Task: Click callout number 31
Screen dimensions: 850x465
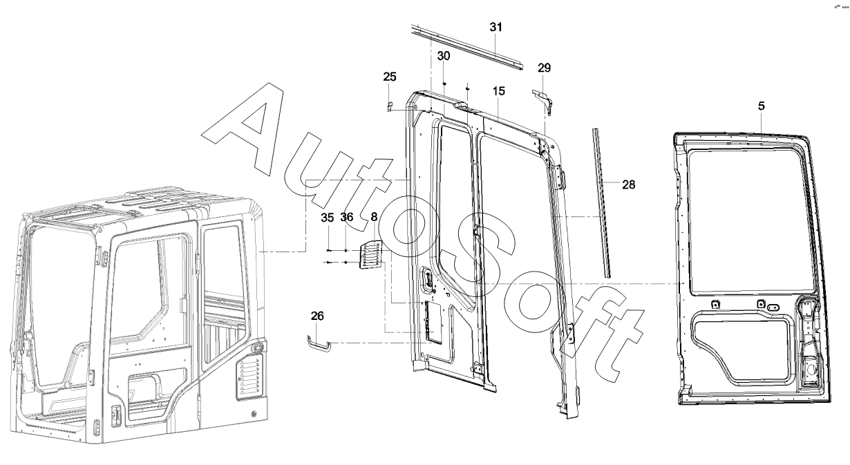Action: click(x=496, y=28)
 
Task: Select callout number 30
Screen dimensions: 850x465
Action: click(x=444, y=55)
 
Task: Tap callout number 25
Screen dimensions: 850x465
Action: click(x=390, y=76)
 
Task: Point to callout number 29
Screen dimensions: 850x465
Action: click(x=545, y=68)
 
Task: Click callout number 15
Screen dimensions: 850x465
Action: click(x=499, y=91)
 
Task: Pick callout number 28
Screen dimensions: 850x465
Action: click(x=628, y=184)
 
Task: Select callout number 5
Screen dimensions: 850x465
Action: click(x=761, y=106)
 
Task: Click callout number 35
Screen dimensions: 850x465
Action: click(x=328, y=218)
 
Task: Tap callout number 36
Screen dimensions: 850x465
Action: click(x=347, y=218)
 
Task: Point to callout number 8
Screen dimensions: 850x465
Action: click(x=374, y=218)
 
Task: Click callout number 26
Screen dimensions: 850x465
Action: click(x=317, y=316)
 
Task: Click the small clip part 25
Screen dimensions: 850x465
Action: click(x=388, y=106)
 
